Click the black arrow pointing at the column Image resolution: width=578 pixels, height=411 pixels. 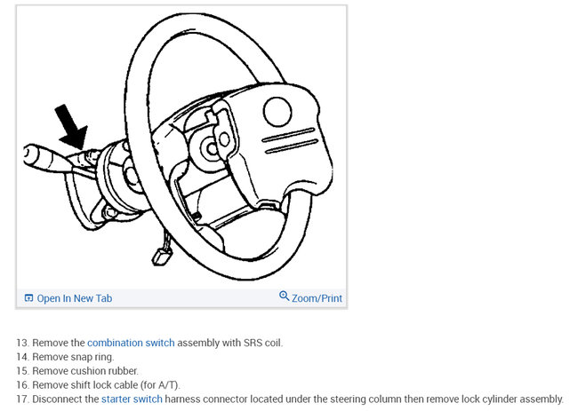click(x=69, y=125)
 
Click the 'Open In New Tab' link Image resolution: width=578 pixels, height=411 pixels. click(x=75, y=298)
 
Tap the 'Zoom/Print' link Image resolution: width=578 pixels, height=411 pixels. click(x=317, y=298)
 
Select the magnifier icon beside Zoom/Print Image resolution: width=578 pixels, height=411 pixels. click(x=285, y=296)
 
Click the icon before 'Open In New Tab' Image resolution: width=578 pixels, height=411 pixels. click(x=28, y=298)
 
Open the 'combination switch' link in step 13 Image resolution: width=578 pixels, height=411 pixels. click(x=131, y=343)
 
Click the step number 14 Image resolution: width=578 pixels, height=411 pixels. click(x=21, y=357)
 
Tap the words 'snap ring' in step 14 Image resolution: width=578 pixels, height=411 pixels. click(x=92, y=357)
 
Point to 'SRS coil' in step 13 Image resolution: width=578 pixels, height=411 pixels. click(x=262, y=343)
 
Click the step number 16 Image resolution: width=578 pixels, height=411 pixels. click(x=21, y=385)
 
